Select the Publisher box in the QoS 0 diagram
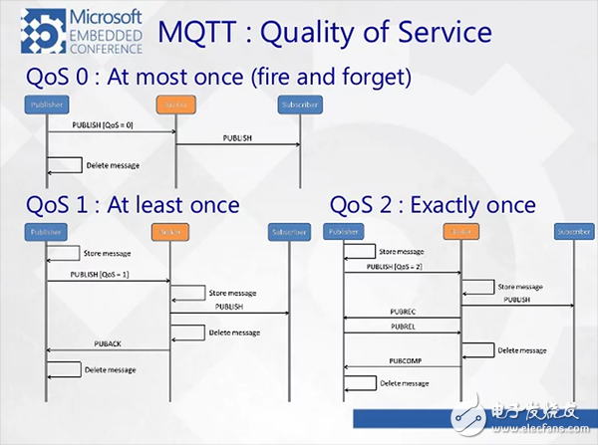pyautogui.click(x=47, y=103)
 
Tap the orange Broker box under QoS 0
pyautogui.click(x=176, y=103)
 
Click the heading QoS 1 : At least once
pyautogui.click(x=133, y=205)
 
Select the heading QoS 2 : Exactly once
pyautogui.click(x=433, y=205)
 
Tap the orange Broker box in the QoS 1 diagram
pyautogui.click(x=169, y=233)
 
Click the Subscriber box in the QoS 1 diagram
pyautogui.click(x=289, y=233)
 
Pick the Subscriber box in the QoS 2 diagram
pyautogui.click(x=573, y=233)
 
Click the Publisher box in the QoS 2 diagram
pyautogui.click(x=343, y=233)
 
